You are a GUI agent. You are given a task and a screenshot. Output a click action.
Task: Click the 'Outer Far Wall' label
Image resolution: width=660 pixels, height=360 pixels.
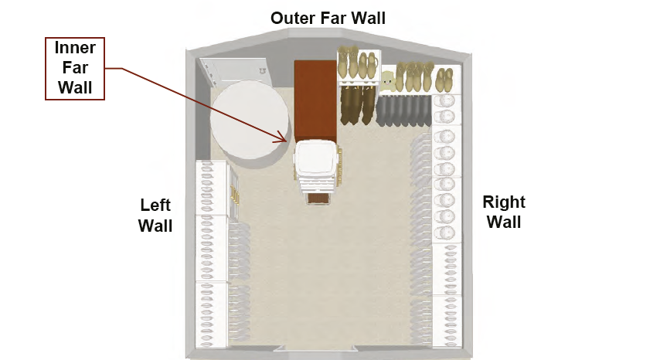click(328, 17)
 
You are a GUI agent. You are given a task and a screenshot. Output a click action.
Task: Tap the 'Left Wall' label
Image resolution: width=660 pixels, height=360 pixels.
click(155, 216)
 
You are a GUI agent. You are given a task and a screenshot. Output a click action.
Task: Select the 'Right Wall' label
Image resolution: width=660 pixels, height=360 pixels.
click(503, 212)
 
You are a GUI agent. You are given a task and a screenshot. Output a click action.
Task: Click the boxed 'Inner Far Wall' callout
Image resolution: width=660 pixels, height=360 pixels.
click(74, 68)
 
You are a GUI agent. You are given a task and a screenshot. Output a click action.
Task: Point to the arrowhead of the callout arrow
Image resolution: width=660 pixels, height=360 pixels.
click(287, 141)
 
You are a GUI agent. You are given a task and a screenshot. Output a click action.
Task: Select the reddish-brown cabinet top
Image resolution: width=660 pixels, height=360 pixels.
click(315, 100)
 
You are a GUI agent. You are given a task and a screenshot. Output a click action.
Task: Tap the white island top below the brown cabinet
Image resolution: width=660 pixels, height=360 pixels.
click(315, 159)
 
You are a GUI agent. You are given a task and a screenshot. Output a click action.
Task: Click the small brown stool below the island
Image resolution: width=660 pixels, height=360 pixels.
click(318, 199)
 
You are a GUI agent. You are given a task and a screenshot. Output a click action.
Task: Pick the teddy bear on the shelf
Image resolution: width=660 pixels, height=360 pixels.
click(388, 79)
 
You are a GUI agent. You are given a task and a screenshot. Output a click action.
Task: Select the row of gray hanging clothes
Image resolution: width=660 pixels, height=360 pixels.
click(404, 110)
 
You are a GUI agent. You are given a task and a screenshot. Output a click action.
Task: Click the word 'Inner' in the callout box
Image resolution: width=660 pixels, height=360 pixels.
click(74, 48)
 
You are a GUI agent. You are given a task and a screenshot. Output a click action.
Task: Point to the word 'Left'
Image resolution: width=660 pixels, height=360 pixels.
click(155, 205)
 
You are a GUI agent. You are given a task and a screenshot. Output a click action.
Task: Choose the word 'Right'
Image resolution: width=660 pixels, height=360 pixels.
click(504, 202)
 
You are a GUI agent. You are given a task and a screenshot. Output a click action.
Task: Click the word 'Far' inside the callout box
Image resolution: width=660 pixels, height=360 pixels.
click(74, 68)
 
